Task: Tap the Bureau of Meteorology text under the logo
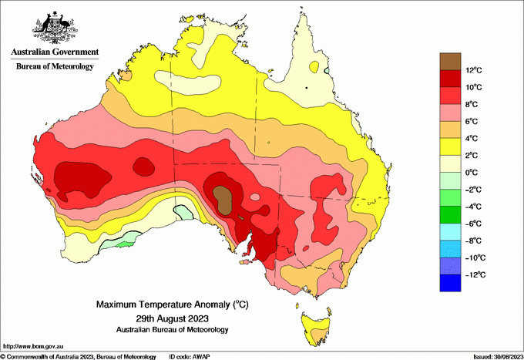pyautogui.click(x=55, y=66)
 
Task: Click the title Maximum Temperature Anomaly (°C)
pyautogui.click(x=172, y=305)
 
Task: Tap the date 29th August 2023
pyautogui.click(x=172, y=318)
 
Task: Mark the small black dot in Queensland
pyautogui.click(x=306, y=88)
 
